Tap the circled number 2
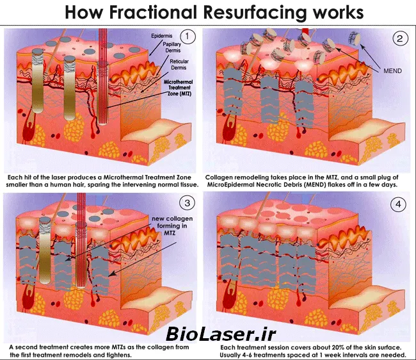pyautogui.click(x=399, y=38)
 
